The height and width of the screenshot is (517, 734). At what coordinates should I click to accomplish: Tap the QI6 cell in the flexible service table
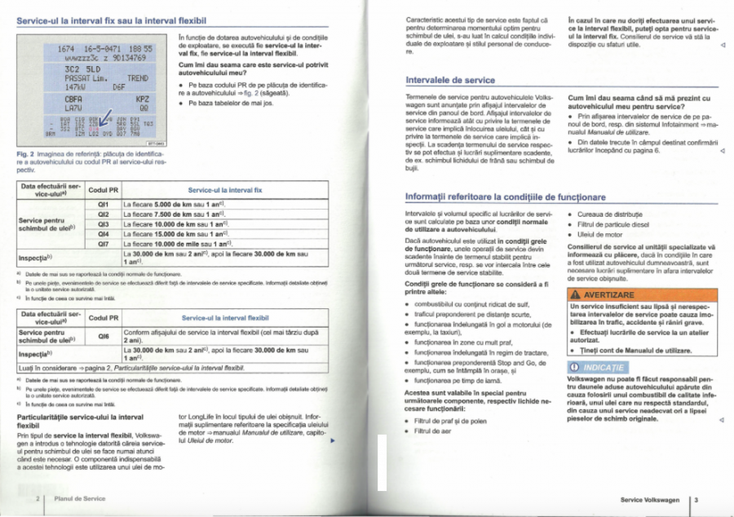pos(103,335)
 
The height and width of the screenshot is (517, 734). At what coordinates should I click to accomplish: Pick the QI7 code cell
pos(103,243)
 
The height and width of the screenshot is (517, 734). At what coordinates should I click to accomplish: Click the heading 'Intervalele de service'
pos(450,80)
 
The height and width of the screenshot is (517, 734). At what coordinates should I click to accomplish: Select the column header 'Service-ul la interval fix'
pos(223,188)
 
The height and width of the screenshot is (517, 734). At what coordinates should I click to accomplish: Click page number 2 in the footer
pos(38,497)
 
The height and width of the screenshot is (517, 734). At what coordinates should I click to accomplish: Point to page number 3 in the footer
pos(696,498)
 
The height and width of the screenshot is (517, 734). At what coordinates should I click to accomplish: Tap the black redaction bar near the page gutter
pos(382,462)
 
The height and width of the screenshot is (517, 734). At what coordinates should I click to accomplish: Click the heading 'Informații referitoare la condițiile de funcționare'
pos(506,197)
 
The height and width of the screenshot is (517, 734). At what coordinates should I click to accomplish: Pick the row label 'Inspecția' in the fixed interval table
pos(37,258)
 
